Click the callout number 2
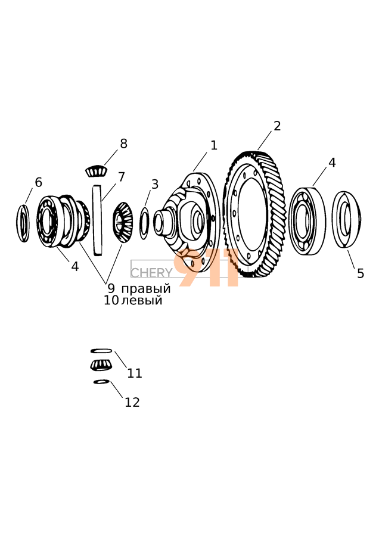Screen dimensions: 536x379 point(277,126)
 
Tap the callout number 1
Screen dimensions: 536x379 point(214,145)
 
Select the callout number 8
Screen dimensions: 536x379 point(123,144)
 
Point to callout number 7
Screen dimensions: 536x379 point(122,177)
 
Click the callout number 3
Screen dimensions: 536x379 point(155,185)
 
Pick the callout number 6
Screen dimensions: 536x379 point(39,182)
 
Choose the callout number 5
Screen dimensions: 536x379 point(361,273)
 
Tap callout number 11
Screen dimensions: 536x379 point(135,373)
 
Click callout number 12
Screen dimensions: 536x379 point(132,402)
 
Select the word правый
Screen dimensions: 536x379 point(146,289)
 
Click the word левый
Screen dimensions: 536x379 point(142,301)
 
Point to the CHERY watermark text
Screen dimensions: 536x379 point(151,273)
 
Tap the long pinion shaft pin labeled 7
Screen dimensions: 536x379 point(97,217)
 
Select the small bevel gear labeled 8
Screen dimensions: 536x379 point(95,172)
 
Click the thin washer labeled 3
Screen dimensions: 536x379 point(144,223)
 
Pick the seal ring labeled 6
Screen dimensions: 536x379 point(23,223)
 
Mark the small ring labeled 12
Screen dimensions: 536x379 point(101,381)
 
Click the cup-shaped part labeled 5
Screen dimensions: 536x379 point(346,219)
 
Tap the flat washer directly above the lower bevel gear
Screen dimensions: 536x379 point(101,351)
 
